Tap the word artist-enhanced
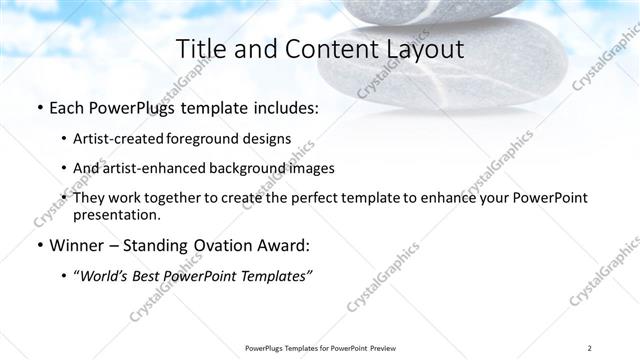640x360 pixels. (149, 168)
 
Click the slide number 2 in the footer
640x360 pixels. (590, 347)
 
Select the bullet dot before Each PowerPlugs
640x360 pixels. (39, 108)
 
